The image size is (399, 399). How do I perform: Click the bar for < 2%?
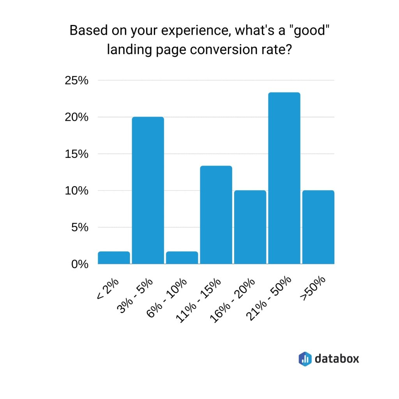[x=114, y=258]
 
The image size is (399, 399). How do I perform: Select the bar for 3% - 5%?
[x=148, y=191]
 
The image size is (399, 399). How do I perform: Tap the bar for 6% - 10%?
[x=182, y=258]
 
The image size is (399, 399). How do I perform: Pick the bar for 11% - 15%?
[x=216, y=215]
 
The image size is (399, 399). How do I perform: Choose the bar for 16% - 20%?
[x=250, y=227]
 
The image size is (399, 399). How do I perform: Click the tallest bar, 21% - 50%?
[x=284, y=178]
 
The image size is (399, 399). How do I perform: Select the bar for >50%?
[x=318, y=227]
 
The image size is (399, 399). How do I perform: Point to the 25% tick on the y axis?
[x=76, y=81]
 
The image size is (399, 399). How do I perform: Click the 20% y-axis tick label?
[x=76, y=117]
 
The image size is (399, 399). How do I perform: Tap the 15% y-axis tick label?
[x=76, y=154]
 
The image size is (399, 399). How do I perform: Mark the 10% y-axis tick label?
[x=76, y=191]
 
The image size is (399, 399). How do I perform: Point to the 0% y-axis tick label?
[x=79, y=264]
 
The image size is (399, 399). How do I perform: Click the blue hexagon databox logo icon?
[x=305, y=358]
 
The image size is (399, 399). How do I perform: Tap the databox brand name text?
[x=337, y=358]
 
